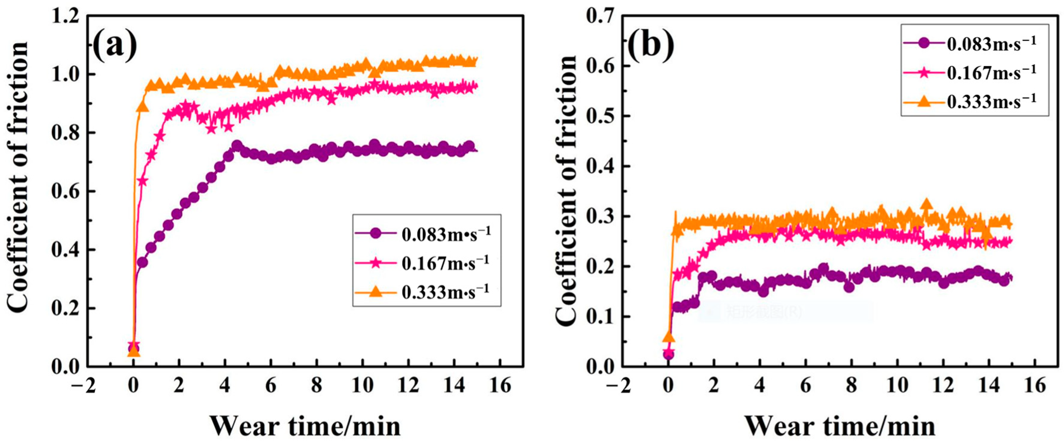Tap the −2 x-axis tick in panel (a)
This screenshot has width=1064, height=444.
83,386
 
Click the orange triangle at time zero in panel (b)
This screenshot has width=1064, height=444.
668,338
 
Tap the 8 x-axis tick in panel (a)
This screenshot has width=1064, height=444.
316,386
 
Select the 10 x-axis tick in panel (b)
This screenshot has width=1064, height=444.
897,386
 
